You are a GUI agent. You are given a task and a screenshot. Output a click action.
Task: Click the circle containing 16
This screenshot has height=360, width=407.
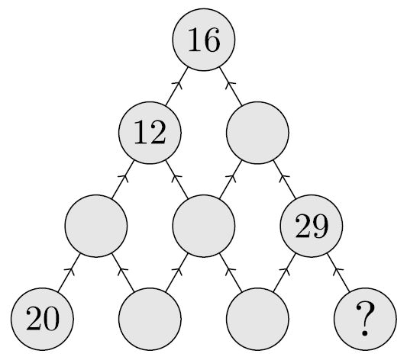tap(204, 40)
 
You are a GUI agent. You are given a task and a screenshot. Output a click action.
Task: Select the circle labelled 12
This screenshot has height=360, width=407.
tap(150, 133)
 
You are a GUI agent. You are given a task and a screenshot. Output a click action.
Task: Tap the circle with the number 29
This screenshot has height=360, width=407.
tap(312, 226)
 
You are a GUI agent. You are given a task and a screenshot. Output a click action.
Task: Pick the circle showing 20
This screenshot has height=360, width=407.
tap(42, 319)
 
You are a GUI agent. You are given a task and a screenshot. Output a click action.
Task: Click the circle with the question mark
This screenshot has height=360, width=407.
tap(365, 319)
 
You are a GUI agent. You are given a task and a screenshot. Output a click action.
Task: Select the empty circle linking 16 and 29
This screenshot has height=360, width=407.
tap(257, 133)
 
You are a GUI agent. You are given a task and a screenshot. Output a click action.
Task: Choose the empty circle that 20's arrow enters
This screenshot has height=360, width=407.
tap(96, 226)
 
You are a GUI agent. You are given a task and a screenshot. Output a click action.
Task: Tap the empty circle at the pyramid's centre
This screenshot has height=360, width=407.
tap(204, 226)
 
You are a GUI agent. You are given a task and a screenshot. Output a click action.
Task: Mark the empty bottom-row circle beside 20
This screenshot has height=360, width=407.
tap(150, 319)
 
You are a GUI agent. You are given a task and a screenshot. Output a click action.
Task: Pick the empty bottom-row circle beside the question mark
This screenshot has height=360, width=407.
tap(257, 319)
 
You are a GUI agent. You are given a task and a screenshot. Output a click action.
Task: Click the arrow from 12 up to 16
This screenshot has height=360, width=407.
tap(176, 86)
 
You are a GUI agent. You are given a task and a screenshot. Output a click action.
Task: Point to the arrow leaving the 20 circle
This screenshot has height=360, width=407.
tap(69, 272)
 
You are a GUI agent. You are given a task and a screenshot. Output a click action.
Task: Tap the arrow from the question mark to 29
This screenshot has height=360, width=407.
tap(338, 272)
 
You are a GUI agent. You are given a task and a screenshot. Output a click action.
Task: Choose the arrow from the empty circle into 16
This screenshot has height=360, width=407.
tap(231, 86)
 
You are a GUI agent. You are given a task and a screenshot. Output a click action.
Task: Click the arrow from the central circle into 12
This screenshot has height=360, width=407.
tap(176, 179)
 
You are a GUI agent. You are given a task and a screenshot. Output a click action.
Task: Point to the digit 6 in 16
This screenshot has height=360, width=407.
tap(212, 40)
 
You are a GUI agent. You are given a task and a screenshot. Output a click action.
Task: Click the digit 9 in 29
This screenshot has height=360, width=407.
tap(320, 226)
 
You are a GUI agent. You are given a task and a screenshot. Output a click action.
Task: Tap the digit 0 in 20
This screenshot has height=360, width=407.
tap(51, 319)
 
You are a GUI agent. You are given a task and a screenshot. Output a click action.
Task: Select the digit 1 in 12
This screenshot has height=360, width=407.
tap(141, 132)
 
